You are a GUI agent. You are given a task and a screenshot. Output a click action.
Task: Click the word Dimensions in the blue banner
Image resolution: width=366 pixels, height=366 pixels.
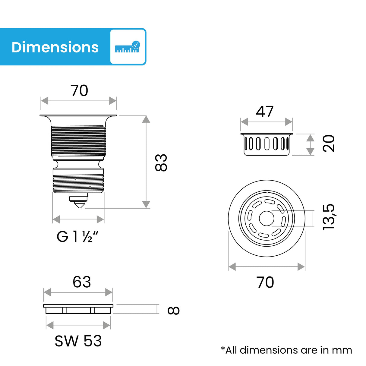click(x=55, y=47)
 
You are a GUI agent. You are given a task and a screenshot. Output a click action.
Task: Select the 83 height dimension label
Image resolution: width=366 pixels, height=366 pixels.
click(x=161, y=162)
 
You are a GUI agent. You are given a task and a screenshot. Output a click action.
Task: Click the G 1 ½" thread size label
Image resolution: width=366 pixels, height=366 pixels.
click(x=77, y=236)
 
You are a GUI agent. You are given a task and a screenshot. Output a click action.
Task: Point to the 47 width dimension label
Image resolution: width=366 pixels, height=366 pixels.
click(x=265, y=112)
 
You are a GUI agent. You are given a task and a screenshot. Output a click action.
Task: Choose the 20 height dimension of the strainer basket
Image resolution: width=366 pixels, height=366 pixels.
click(x=329, y=144)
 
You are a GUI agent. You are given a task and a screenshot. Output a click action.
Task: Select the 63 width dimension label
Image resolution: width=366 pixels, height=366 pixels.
click(x=81, y=282)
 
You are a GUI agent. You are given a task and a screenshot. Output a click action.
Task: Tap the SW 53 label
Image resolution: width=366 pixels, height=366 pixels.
click(x=78, y=341)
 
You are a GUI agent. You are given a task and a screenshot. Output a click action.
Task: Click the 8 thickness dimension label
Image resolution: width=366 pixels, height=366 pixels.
click(x=174, y=310)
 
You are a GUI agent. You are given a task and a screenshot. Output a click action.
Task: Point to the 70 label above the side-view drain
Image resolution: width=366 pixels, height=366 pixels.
click(x=79, y=90)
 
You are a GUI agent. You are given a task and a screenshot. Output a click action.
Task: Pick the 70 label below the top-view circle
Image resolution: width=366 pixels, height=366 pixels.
click(x=265, y=282)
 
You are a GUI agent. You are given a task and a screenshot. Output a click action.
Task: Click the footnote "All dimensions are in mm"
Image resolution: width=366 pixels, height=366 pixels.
click(x=286, y=350)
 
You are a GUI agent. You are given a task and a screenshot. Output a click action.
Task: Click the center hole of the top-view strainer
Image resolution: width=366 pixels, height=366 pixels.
click(x=266, y=218)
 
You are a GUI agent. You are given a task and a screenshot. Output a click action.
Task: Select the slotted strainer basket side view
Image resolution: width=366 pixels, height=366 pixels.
click(x=267, y=144)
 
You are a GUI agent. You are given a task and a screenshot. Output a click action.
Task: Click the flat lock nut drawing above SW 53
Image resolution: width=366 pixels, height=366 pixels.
click(x=78, y=309)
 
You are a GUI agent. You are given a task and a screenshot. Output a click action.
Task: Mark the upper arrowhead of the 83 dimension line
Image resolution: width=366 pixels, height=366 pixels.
click(x=146, y=119)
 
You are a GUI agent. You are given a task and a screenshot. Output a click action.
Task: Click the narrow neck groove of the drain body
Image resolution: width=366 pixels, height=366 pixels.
click(x=78, y=164)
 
